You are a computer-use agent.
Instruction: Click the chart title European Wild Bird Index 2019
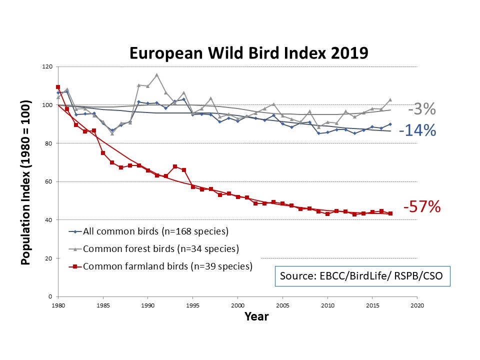tap(248, 53)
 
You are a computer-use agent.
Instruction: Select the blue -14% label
tap(417, 130)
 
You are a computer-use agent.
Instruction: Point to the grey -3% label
tap(421, 109)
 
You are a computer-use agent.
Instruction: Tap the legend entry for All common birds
tap(155, 231)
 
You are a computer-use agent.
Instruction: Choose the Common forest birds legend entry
tap(160, 248)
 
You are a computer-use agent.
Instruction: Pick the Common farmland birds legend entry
tap(167, 266)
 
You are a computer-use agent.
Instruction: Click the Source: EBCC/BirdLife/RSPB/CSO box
tap(362, 275)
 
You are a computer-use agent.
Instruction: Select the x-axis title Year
tap(256, 316)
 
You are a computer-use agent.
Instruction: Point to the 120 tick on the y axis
tap(48, 66)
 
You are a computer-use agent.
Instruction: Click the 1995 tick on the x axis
tap(192, 304)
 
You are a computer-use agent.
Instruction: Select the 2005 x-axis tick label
tap(282, 304)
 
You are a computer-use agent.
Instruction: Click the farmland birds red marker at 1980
tap(58, 87)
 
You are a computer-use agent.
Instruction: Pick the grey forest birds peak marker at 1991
tap(156, 75)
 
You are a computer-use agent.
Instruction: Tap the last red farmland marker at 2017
tap(390, 213)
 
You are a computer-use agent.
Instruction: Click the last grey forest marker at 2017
tap(390, 100)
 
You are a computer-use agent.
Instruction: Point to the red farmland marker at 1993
tap(174, 166)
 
